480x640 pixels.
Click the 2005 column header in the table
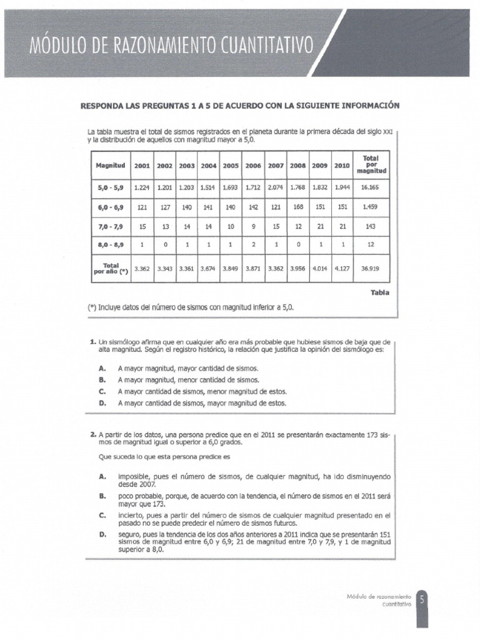pyautogui.click(x=231, y=166)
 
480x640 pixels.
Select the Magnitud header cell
pyautogui.click(x=110, y=166)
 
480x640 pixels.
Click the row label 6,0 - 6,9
pyautogui.click(x=110, y=206)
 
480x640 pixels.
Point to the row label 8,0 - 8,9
pyautogui.click(x=110, y=246)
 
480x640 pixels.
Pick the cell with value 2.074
pyautogui.click(x=275, y=186)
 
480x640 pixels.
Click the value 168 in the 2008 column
pyautogui.click(x=297, y=206)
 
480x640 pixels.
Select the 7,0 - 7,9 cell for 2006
pyautogui.click(x=253, y=226)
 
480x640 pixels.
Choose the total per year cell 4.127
pyautogui.click(x=342, y=268)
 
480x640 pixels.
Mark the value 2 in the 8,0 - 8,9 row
pyautogui.click(x=253, y=246)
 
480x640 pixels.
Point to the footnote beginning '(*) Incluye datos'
pyautogui.click(x=190, y=307)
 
